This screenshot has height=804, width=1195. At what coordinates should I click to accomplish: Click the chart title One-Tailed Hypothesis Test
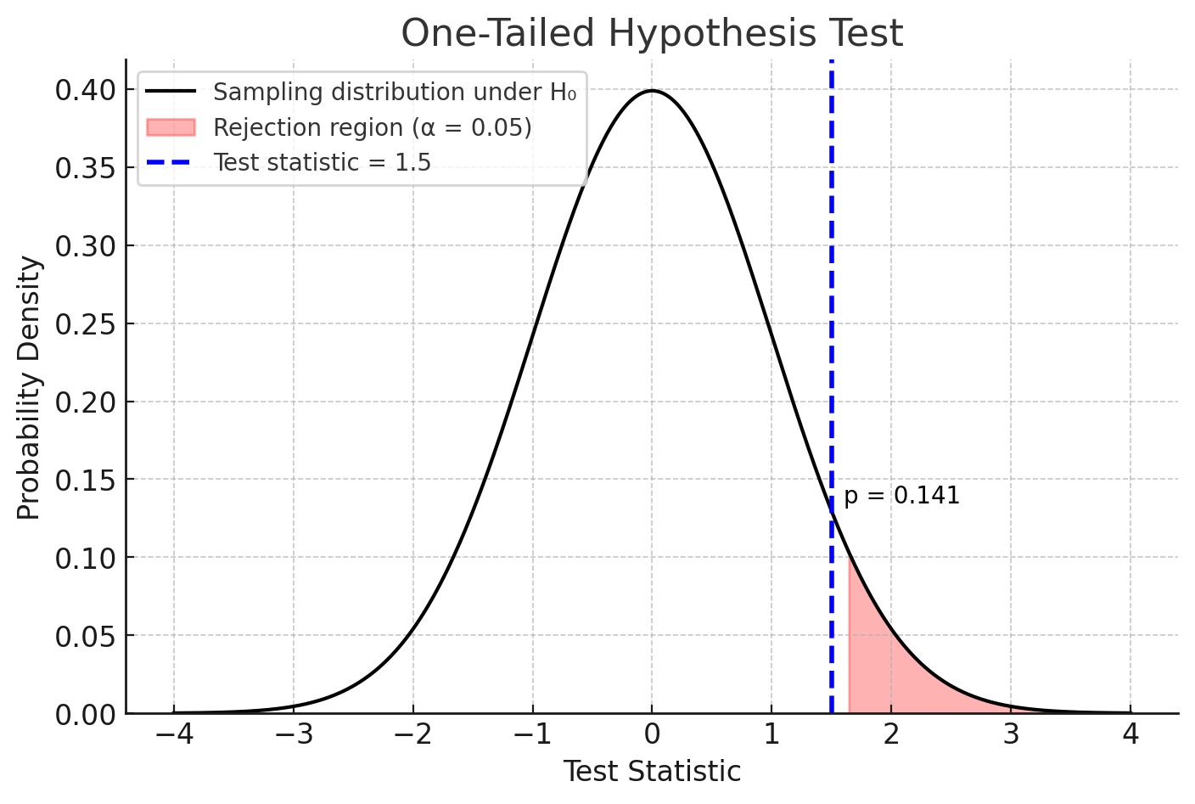[x=651, y=34]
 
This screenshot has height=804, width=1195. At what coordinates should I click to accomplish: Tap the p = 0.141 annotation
[x=901, y=496]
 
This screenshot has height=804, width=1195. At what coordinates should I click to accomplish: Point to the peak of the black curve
[x=651, y=91]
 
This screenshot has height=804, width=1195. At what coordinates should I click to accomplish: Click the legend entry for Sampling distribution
[x=394, y=92]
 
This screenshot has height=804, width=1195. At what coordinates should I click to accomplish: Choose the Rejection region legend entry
[x=372, y=127]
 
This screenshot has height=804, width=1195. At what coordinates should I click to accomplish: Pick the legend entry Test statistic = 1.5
[x=322, y=162]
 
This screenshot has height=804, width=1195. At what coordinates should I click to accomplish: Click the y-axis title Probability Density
[x=29, y=388]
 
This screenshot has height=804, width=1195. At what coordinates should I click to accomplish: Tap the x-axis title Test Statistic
[x=651, y=772]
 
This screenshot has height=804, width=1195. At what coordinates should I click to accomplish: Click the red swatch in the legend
[x=171, y=127]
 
